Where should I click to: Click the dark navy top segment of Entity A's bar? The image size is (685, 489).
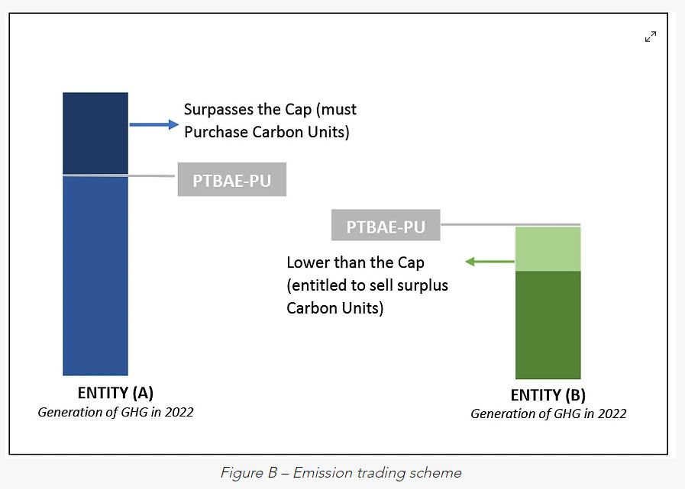pos(95,133)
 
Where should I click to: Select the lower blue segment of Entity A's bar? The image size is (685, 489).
pos(95,275)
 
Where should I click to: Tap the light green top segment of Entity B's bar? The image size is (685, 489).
pos(548,249)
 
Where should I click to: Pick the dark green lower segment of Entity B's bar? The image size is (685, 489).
pos(548,324)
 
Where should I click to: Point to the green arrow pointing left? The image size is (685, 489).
pos(490,262)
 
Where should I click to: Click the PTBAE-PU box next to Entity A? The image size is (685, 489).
pos(231,181)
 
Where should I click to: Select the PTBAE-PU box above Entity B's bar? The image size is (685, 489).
pos(386,227)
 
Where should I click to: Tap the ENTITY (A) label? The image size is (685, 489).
pos(115,394)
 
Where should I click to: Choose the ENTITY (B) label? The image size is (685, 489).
pos(548,396)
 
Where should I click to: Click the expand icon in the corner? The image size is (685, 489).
pos(651,37)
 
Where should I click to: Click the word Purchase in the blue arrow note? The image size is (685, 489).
pos(214,132)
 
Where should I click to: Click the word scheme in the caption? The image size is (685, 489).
pos(436,473)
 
